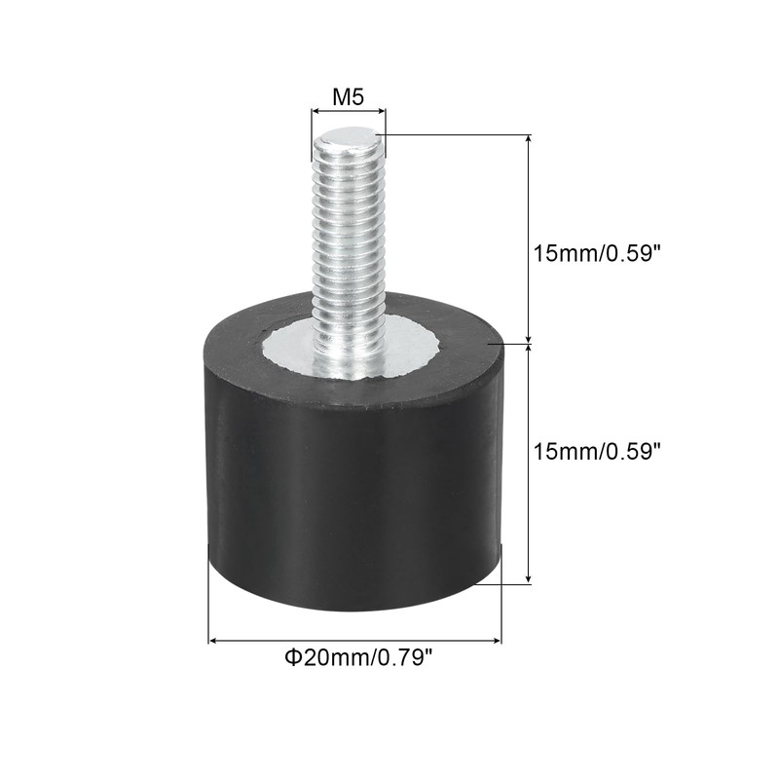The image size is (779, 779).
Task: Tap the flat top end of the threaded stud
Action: [348, 141]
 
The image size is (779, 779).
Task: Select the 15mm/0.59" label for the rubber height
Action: [597, 451]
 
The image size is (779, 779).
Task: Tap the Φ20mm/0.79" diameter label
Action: [357, 658]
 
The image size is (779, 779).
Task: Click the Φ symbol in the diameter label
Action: [291, 658]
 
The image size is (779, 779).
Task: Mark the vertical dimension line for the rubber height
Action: [529, 463]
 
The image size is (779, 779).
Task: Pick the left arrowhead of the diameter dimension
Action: [215, 641]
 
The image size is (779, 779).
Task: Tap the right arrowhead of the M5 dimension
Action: [381, 114]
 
